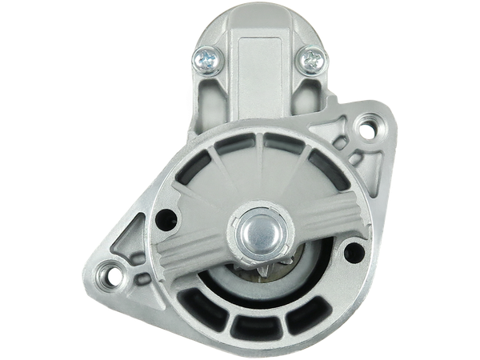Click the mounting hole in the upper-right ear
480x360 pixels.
tap(367, 127)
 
